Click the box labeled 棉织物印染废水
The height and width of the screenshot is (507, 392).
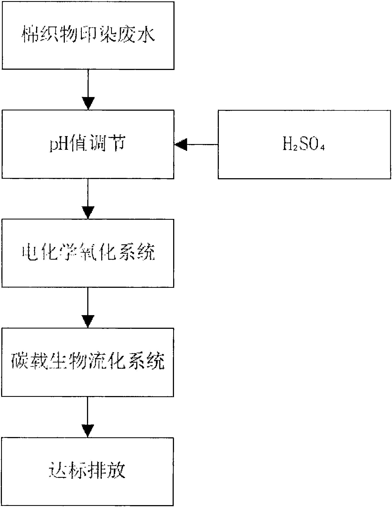click(x=88, y=36)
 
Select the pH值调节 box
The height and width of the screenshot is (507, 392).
click(x=88, y=144)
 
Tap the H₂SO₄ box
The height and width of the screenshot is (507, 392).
click(x=304, y=144)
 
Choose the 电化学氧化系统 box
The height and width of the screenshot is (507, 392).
click(x=88, y=253)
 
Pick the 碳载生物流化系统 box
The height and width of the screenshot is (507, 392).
click(x=88, y=362)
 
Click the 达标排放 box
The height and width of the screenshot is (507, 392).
click(x=88, y=471)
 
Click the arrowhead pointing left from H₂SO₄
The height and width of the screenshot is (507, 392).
click(x=181, y=144)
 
